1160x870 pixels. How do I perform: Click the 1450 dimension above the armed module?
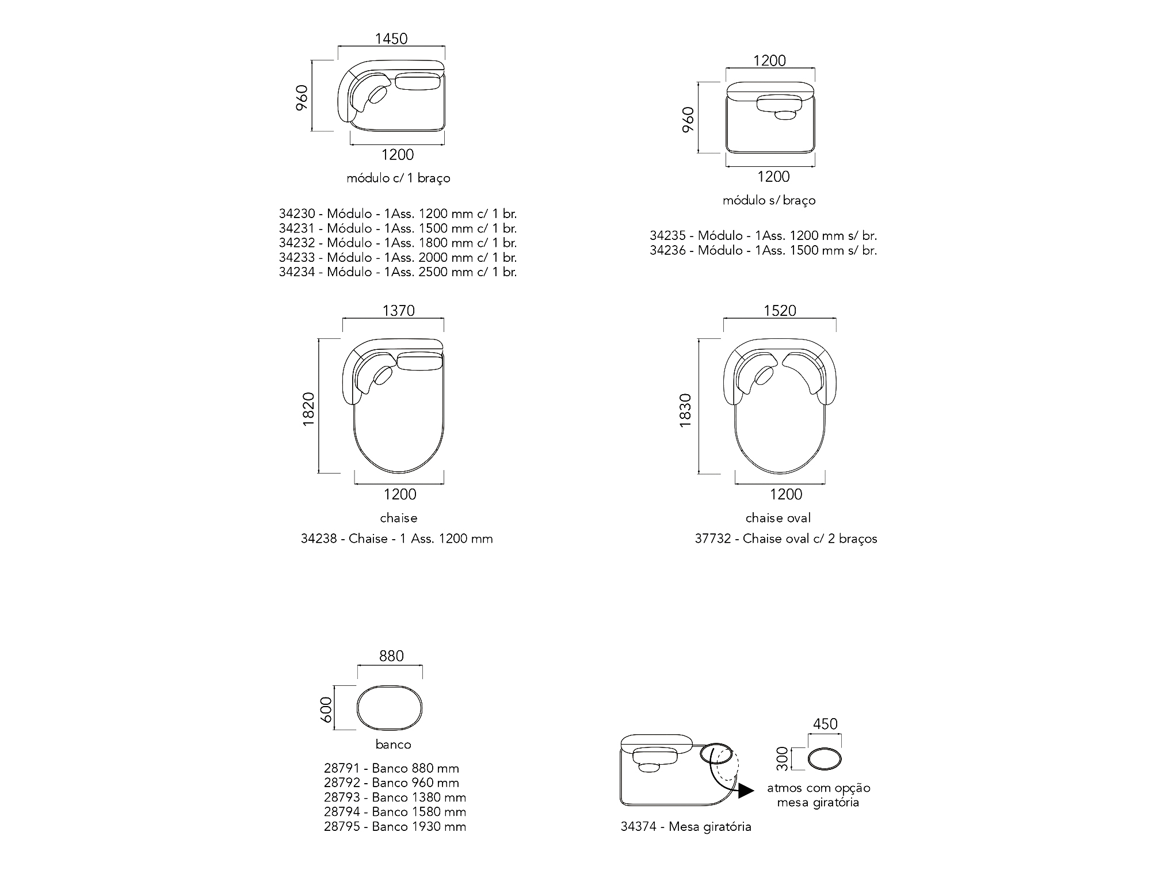pyautogui.click(x=391, y=39)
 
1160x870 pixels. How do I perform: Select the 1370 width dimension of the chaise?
pyautogui.click(x=399, y=311)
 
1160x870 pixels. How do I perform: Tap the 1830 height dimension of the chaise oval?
pyautogui.click(x=685, y=410)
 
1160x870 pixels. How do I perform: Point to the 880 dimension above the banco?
pyautogui.click(x=391, y=656)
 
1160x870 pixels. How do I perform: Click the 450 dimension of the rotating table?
pyautogui.click(x=825, y=724)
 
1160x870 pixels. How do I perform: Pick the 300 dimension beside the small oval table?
pyautogui.click(x=780, y=758)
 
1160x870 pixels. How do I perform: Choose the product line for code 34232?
pyautogui.click(x=398, y=243)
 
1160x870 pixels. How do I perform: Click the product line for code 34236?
pyautogui.click(x=764, y=250)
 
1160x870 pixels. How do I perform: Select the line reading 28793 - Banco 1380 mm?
pyautogui.click(x=395, y=797)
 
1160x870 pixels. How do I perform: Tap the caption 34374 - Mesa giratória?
pyautogui.click(x=686, y=827)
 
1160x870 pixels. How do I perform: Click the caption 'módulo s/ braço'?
pyautogui.click(x=769, y=200)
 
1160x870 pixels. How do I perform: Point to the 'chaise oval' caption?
pyautogui.click(x=778, y=518)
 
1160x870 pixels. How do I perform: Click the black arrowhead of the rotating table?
pyautogui.click(x=746, y=791)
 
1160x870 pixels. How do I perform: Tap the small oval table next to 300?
pyautogui.click(x=825, y=759)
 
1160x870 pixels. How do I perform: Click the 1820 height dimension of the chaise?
pyautogui.click(x=308, y=409)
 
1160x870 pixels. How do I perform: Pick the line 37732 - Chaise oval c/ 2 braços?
pyautogui.click(x=786, y=539)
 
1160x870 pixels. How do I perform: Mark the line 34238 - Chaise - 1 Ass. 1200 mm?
pyautogui.click(x=397, y=539)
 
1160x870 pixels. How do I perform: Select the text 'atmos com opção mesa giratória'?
pyautogui.click(x=818, y=795)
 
